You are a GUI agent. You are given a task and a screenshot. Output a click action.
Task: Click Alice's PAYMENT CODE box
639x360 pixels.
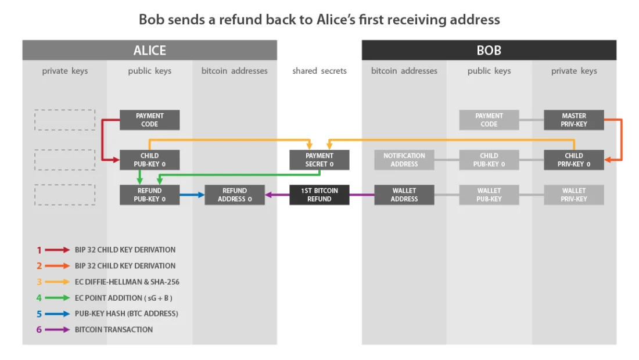click(x=150, y=120)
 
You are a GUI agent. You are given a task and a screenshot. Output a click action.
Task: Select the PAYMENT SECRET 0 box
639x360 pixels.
click(x=319, y=160)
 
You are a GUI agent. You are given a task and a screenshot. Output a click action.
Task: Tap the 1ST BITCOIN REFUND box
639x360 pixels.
click(x=319, y=195)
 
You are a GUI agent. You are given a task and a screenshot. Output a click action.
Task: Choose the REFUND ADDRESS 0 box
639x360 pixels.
click(x=235, y=195)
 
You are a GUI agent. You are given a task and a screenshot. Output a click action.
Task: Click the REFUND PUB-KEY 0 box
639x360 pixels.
click(x=150, y=195)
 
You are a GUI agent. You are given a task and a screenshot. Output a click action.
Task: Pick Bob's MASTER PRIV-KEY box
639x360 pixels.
click(x=574, y=120)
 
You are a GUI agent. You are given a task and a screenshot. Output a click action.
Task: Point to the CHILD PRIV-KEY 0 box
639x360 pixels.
click(x=574, y=160)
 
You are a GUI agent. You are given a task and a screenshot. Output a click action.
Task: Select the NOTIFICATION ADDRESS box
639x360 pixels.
click(x=404, y=160)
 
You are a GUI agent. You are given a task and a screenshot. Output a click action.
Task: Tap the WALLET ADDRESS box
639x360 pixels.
click(x=404, y=195)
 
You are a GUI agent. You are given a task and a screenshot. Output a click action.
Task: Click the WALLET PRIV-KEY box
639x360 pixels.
click(x=574, y=195)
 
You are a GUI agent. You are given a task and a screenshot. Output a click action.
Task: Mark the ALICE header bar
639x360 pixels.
click(x=150, y=51)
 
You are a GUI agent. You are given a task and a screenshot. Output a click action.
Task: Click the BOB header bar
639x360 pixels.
click(x=489, y=51)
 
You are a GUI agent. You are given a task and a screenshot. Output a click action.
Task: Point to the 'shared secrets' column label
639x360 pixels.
click(x=319, y=71)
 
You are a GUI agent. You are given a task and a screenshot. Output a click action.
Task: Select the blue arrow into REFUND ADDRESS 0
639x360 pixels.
click(x=192, y=195)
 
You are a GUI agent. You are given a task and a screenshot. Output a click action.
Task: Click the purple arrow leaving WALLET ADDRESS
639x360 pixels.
click(x=362, y=195)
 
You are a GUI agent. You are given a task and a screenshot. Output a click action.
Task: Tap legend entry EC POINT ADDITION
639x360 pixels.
click(x=123, y=298)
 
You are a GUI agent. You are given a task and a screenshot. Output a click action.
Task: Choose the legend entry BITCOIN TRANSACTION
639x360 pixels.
click(x=114, y=329)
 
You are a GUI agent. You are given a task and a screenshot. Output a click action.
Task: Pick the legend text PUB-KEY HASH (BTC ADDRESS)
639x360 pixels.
click(x=126, y=314)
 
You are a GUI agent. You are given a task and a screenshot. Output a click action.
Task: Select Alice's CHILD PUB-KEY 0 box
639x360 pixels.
click(x=150, y=160)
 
